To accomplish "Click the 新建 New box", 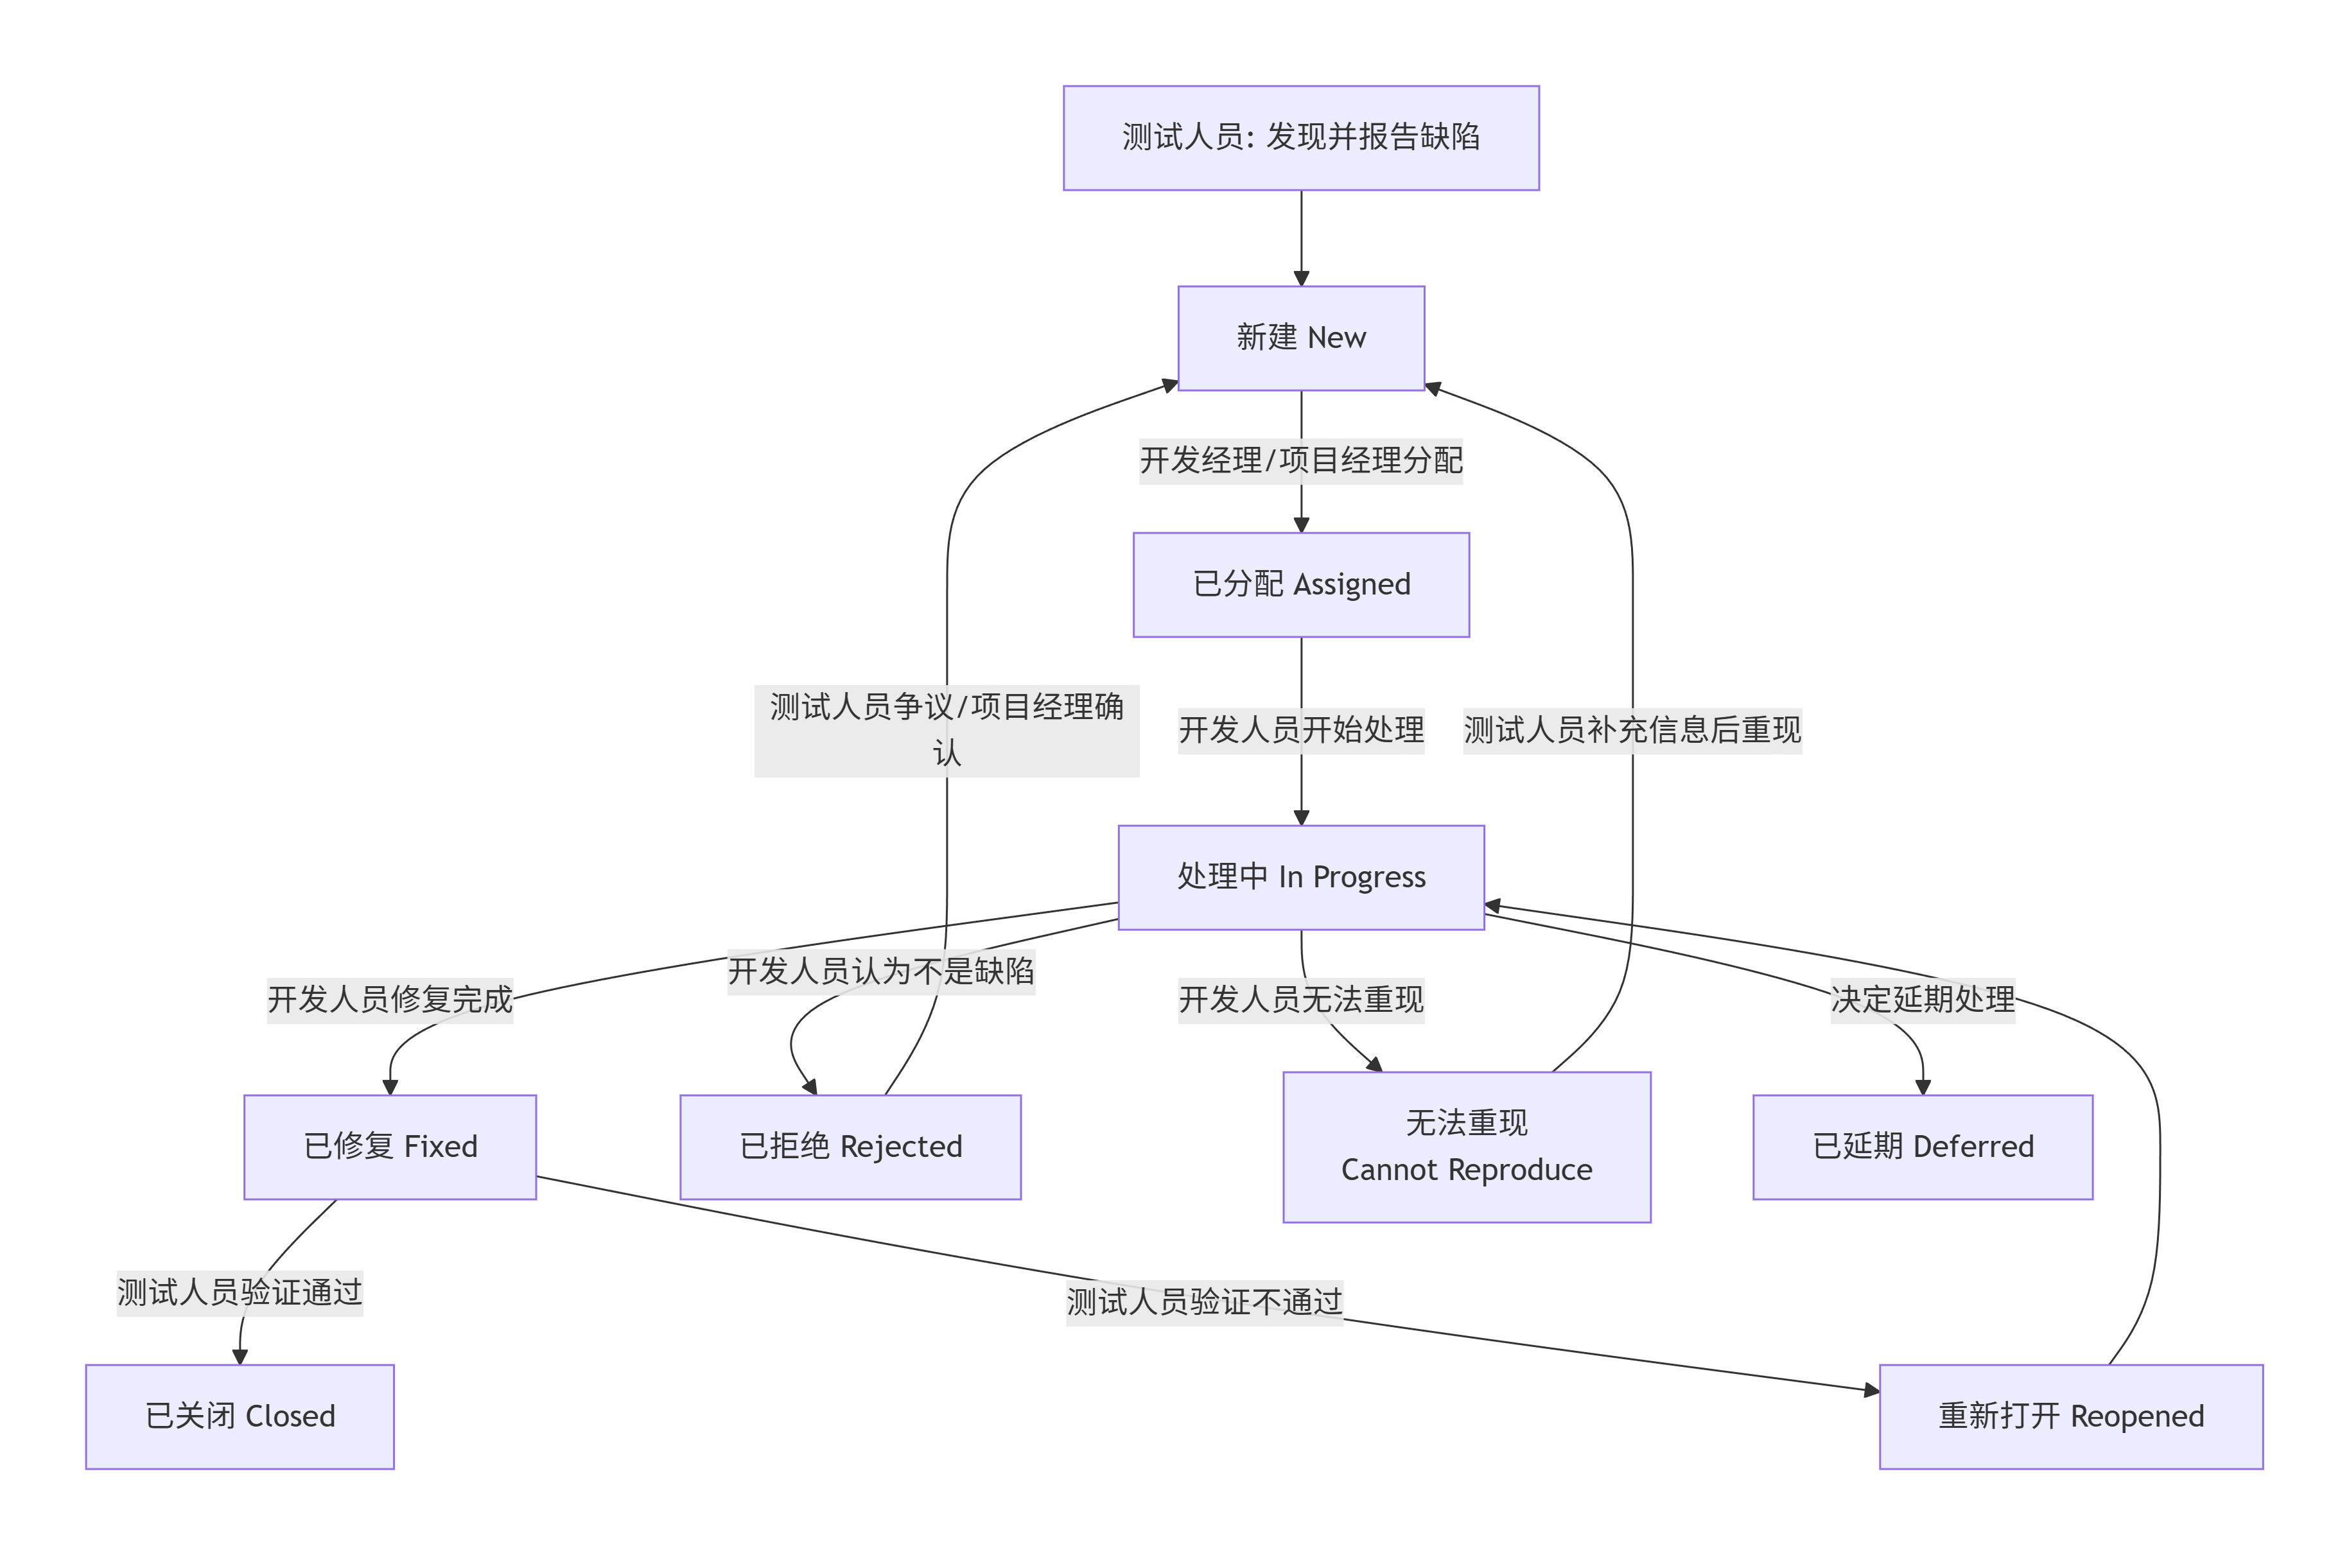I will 1300,338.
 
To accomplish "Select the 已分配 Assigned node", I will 1300,584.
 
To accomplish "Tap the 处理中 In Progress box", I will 1300,876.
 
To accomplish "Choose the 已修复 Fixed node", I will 390,1147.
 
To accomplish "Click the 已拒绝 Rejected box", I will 850,1147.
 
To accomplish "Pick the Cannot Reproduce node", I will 1466,1147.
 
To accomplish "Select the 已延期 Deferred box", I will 1923,1147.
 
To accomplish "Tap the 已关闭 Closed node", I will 239,1416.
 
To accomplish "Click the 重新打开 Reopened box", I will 2070,1416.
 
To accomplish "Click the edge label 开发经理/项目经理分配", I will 1300,460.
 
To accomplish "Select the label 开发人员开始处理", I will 1300,730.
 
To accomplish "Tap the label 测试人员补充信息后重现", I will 1632,730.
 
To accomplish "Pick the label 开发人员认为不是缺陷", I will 881,971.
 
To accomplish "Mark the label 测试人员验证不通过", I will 1204,1301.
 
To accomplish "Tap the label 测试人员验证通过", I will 239,1292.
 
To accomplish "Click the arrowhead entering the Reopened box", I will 1871,1391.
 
